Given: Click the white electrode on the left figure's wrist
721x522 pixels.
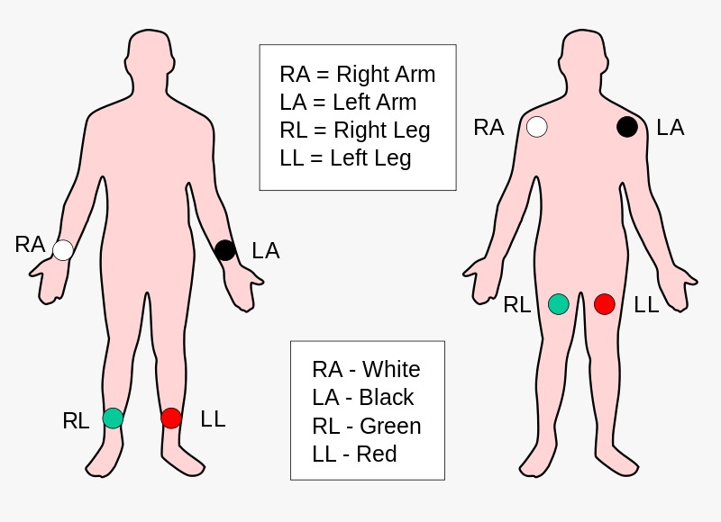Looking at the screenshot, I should [63, 250].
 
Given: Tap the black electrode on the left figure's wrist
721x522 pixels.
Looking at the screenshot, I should [225, 250].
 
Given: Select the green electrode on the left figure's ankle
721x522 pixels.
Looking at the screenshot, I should [113, 418].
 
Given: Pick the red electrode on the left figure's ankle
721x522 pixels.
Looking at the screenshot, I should [171, 418].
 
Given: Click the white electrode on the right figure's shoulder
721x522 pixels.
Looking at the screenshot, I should [537, 127].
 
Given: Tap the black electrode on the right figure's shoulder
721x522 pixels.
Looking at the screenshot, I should [627, 127].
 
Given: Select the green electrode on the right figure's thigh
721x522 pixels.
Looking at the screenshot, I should [559, 304].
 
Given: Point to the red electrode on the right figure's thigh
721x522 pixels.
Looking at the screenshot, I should [605, 304].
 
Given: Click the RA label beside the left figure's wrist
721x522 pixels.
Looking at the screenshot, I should [30, 244].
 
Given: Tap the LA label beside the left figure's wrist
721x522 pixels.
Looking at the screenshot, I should [266, 251].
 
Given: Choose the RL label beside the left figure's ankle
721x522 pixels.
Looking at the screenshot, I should [76, 420].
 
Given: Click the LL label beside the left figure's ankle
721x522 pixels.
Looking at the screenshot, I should [213, 418].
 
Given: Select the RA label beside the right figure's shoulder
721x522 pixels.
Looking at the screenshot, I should [488, 128].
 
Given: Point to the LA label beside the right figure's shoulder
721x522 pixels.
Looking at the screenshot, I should [671, 128].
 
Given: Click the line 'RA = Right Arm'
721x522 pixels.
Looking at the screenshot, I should [357, 75].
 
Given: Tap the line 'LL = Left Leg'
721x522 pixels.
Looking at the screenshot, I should [345, 158].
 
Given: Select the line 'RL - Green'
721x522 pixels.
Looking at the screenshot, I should [366, 426].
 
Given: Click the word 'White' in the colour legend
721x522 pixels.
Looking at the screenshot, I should [390, 370].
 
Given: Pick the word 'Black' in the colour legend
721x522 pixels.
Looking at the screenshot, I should [387, 398].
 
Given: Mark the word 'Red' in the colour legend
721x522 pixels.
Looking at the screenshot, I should [377, 454].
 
